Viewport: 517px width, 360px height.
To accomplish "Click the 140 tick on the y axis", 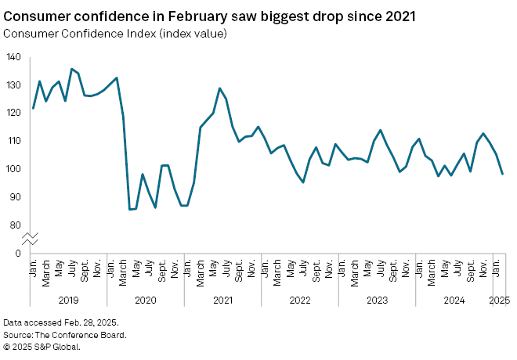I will (x=14, y=57).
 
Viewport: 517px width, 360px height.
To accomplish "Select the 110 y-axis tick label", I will (x=14, y=141).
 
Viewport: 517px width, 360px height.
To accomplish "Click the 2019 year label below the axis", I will (x=68, y=300).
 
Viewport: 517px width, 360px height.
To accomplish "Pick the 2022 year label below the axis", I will (x=300, y=300).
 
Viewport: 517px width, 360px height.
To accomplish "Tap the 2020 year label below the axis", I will (x=145, y=300).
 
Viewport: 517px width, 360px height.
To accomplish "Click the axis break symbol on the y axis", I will (x=30, y=238).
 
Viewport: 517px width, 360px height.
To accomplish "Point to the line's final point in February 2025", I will (x=502, y=174).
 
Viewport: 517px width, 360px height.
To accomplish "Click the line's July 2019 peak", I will (x=72, y=69).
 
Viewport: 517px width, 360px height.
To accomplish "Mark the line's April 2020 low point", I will (x=130, y=209).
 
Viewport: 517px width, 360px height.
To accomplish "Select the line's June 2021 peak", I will (x=220, y=88).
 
